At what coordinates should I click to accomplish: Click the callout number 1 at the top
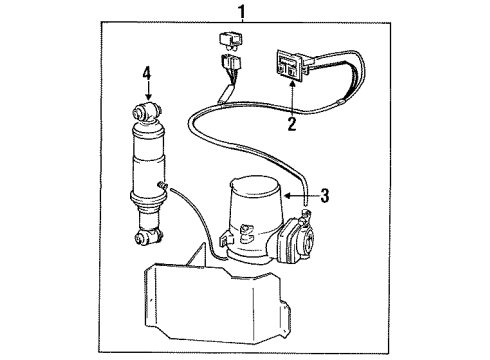point(240,12)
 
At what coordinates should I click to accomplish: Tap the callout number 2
point(292,126)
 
